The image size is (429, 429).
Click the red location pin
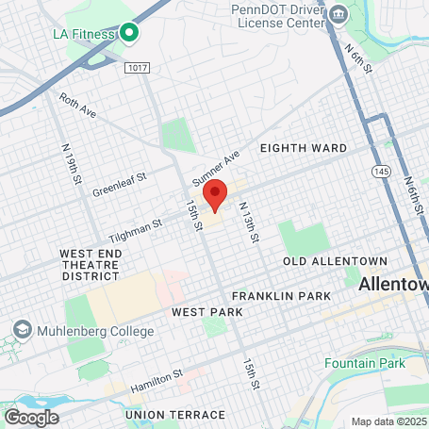tap(215, 193)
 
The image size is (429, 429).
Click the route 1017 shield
tap(137, 67)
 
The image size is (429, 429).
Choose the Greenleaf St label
tap(120, 185)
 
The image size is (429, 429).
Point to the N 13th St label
tap(248, 223)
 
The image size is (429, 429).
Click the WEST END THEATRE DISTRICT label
tap(90, 265)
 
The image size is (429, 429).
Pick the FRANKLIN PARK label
tap(281, 296)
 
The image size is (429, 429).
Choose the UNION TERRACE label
tap(175, 414)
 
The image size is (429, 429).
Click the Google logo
tap(31, 417)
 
